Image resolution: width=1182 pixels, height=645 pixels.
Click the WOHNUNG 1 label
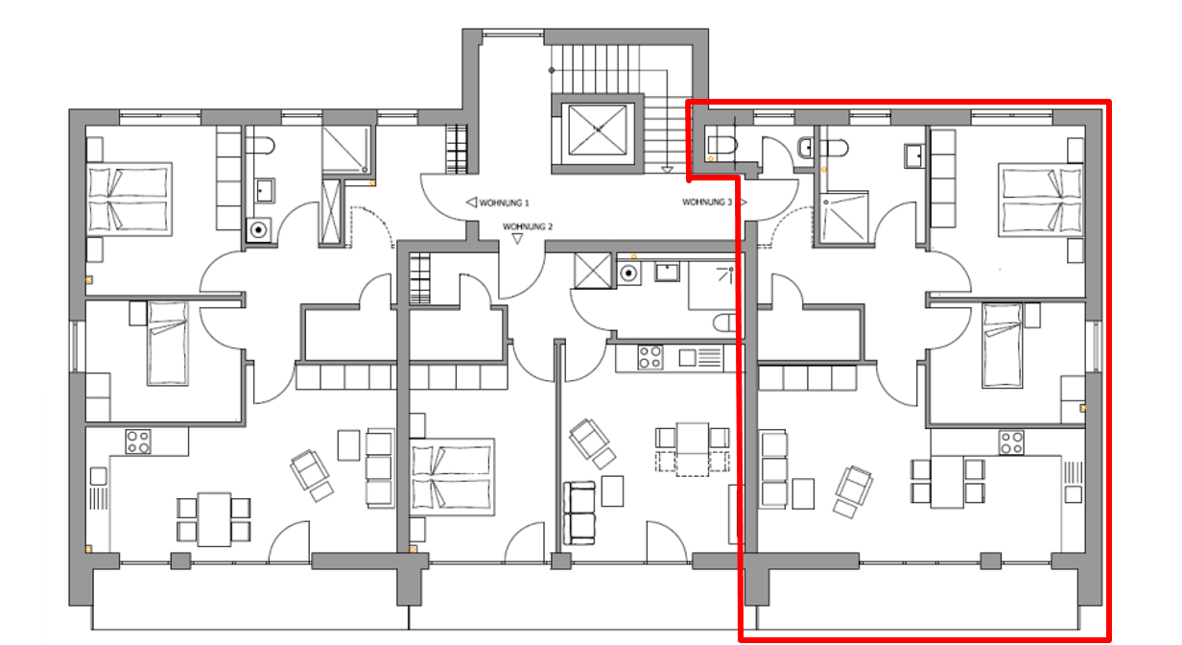504,203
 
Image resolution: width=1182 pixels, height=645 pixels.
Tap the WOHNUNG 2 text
527,227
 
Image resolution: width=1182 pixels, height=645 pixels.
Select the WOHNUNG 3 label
707,203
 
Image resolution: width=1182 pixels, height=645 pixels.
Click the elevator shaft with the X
598,130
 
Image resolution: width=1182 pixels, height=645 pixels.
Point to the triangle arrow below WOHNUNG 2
517,239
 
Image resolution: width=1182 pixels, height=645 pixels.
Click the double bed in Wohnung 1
130,199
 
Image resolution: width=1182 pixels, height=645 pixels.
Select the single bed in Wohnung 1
168,343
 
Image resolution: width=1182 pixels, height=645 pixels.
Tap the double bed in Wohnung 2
452,477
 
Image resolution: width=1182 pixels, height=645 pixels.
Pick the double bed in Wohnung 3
1041,200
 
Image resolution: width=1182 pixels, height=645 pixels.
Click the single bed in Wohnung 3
1003,346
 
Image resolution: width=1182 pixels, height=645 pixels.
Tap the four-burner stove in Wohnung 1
138,442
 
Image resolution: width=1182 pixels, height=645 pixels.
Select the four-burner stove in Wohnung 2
650,357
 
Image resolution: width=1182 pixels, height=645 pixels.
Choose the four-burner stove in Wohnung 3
1011,442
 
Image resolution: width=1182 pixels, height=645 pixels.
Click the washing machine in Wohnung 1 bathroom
259,230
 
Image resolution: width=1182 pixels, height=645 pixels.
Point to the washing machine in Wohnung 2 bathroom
628,274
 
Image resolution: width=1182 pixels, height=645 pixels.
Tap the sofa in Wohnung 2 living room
579,513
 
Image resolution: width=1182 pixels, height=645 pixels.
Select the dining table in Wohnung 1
214,519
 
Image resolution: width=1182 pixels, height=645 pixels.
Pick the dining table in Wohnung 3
947,483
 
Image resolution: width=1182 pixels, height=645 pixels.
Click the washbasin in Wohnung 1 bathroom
265,191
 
